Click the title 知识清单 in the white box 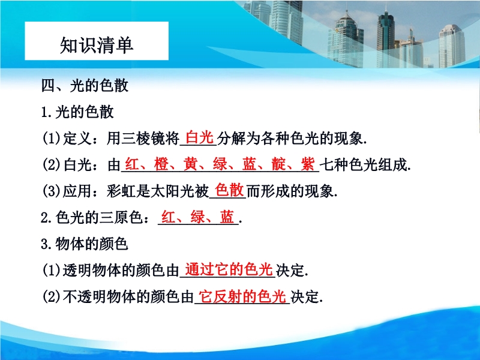point(97,45)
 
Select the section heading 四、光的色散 point(85,85)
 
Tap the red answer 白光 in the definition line point(199,137)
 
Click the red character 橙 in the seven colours point(161,164)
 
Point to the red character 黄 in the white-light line point(190,164)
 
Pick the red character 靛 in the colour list point(278,164)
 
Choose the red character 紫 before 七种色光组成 point(308,164)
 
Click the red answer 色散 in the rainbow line point(229,190)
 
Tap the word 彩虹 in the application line point(121,191)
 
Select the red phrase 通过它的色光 point(229,269)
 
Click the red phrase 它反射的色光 point(242,296)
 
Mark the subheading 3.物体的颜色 point(84,244)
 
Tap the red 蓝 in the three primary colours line point(227,217)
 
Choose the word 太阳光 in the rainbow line point(172,191)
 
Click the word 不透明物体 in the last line point(100,296)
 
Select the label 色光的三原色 point(98,218)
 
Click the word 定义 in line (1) point(77,139)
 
